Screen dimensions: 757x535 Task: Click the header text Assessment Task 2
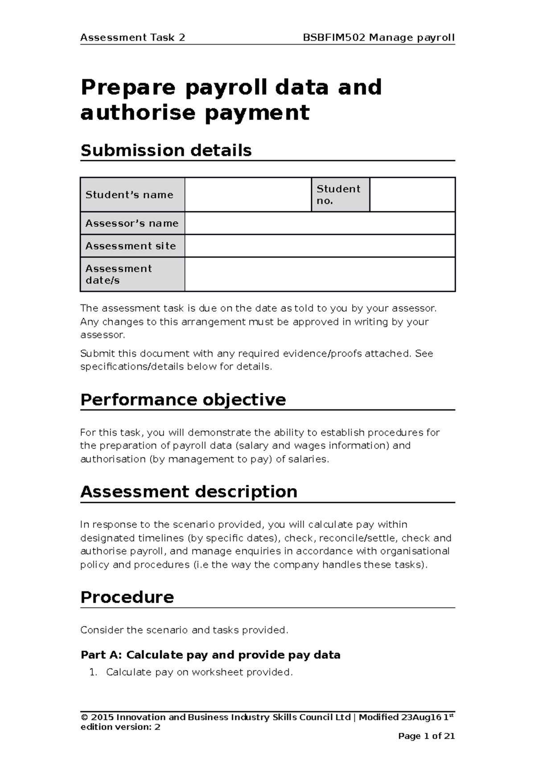click(x=132, y=37)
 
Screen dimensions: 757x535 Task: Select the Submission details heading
click(x=166, y=151)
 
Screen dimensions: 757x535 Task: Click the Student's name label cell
click(x=132, y=195)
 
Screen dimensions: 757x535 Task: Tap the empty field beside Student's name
click(x=248, y=195)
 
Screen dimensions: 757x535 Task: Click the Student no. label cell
click(x=340, y=195)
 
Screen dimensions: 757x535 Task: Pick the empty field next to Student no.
click(x=412, y=195)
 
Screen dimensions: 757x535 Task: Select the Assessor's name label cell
click(x=132, y=223)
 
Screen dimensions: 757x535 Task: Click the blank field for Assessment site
click(x=319, y=246)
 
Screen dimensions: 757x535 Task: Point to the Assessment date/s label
click(x=132, y=274)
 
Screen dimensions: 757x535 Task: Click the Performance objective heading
click(x=183, y=399)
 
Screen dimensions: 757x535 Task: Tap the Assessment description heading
click(x=189, y=492)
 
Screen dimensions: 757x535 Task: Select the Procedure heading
click(x=127, y=597)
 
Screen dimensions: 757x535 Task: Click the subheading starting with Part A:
click(x=210, y=655)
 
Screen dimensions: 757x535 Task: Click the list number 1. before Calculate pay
click(x=93, y=672)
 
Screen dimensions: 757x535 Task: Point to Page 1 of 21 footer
click(x=426, y=736)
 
